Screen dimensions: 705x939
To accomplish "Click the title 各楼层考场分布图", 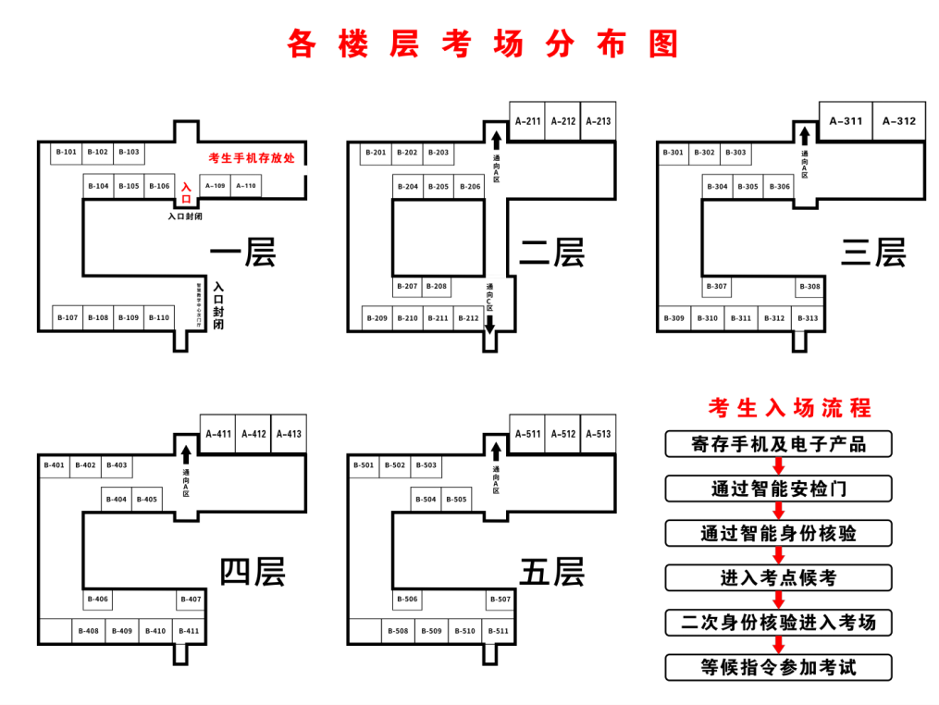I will click(x=482, y=43).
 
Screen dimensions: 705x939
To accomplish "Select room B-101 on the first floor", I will click(x=66, y=152).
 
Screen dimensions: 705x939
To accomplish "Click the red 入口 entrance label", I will click(x=186, y=192).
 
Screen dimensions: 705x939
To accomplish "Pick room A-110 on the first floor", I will click(x=245, y=186).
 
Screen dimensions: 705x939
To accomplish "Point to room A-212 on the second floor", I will click(x=562, y=121).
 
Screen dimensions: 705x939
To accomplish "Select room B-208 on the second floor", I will click(x=438, y=287).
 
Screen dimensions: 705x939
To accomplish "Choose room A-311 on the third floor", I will click(x=846, y=121).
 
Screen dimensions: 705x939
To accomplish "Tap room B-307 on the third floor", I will click(x=716, y=287).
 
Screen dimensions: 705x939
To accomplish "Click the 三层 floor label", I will click(x=872, y=252).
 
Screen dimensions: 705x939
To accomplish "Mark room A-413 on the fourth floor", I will click(x=289, y=434).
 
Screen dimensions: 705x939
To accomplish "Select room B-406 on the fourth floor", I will click(x=98, y=600).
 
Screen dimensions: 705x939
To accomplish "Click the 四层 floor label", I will click(x=252, y=571).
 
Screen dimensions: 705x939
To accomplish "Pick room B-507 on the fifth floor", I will click(x=500, y=600).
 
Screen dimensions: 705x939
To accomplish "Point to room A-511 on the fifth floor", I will click(x=528, y=434).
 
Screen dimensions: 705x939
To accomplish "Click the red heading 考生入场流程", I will click(x=789, y=408).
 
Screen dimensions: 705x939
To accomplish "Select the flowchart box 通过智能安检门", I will click(x=778, y=489).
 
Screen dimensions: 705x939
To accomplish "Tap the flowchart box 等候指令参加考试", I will click(x=778, y=667).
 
